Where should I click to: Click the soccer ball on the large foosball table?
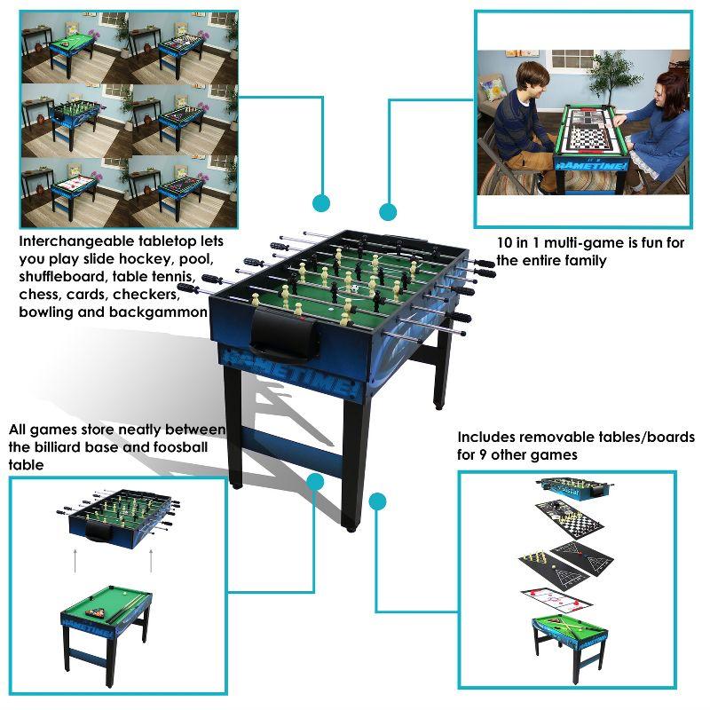click(x=354, y=290)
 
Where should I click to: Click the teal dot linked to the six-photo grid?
click(x=321, y=202)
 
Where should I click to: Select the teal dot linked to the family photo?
click(x=387, y=211)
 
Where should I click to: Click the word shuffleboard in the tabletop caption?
click(x=66, y=276)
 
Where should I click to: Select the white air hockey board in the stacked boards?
click(x=556, y=599)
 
